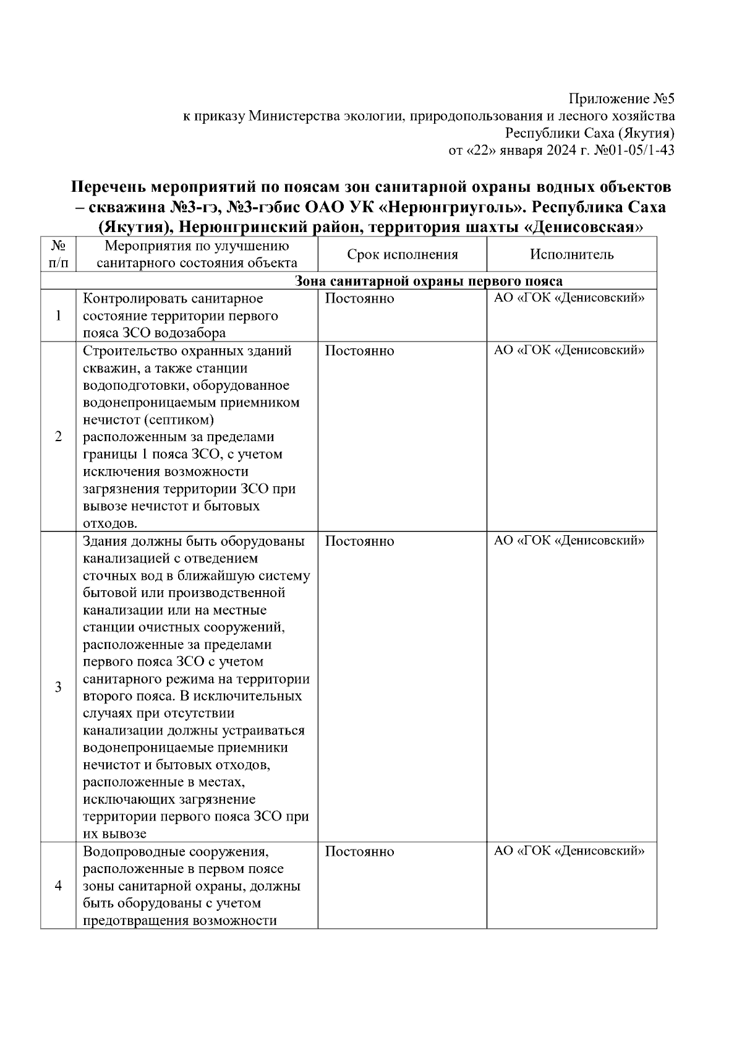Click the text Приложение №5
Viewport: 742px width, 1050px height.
[621, 99]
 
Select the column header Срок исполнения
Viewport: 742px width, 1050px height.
[402, 254]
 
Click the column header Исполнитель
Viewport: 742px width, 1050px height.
[571, 254]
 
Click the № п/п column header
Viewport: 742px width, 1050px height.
[58, 254]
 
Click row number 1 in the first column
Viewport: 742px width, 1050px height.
[58, 316]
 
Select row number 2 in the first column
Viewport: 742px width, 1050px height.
[58, 437]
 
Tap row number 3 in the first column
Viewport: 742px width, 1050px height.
[58, 687]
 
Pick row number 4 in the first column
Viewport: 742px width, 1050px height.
[58, 886]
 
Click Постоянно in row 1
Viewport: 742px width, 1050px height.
[359, 299]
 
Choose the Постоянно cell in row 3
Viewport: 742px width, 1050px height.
[359, 541]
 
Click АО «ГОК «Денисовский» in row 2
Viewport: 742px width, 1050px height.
[569, 351]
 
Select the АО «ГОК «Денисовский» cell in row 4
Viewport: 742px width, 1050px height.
[569, 851]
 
